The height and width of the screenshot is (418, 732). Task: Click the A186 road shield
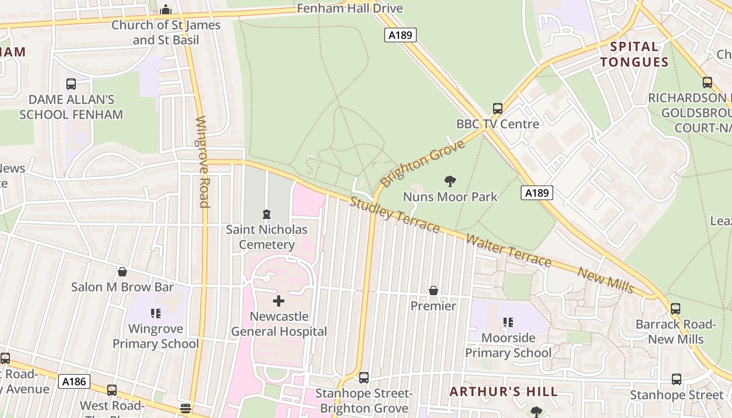pos(74,381)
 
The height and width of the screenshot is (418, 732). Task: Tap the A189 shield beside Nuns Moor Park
pos(536,193)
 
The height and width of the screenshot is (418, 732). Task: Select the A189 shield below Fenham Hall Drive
pos(400,35)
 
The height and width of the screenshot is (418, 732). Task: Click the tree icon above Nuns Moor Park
pos(450,181)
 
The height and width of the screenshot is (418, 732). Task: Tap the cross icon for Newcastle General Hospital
pos(279,301)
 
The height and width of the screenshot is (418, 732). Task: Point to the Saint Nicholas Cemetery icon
pos(267,214)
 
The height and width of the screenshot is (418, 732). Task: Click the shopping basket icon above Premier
pos(433,291)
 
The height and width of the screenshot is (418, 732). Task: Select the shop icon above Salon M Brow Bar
pos(122,272)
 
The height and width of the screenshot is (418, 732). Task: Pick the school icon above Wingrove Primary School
pos(155,313)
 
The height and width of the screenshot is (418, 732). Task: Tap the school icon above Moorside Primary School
pos(508,322)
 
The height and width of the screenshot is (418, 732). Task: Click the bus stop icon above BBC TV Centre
pos(497,109)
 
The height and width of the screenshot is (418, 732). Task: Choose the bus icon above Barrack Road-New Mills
pos(676,309)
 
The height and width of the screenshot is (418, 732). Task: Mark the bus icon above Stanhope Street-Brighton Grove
pos(364,377)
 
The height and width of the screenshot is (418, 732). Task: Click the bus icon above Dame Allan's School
pos(71,84)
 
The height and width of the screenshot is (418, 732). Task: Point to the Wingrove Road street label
pos(202,162)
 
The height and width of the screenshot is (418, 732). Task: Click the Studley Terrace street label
pos(394,215)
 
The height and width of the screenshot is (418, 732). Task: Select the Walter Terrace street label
pos(508,251)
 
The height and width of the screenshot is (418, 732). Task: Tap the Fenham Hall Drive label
pos(350,8)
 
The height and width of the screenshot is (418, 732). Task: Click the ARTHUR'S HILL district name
pos(504,392)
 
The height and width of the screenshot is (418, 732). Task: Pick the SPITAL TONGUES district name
pos(634,54)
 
